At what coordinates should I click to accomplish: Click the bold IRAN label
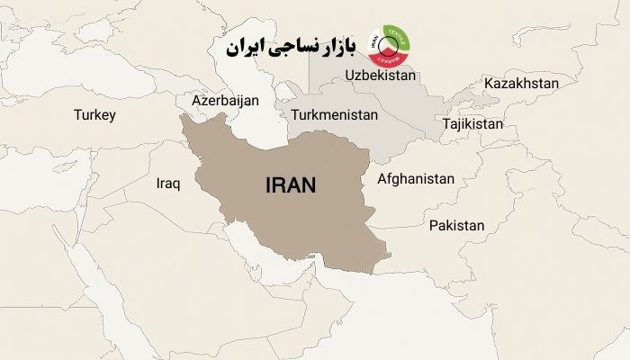coord(292,186)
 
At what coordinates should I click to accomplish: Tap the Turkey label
coord(95,114)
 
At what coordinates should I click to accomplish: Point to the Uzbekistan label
coord(379,76)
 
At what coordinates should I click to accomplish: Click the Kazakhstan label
coord(521,84)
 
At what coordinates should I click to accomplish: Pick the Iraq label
coord(168,184)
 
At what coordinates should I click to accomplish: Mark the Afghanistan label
coord(416,178)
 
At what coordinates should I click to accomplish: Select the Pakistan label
coord(457,225)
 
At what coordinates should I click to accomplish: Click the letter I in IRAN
coord(269,186)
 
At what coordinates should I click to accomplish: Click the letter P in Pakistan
coord(434,225)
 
